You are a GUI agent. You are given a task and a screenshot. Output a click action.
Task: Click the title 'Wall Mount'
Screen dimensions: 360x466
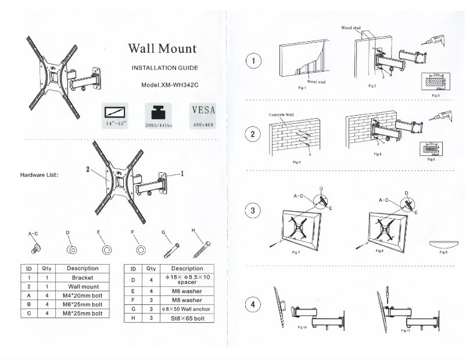162,49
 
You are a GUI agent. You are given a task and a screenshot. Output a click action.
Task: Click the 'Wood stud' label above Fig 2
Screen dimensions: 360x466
350,27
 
